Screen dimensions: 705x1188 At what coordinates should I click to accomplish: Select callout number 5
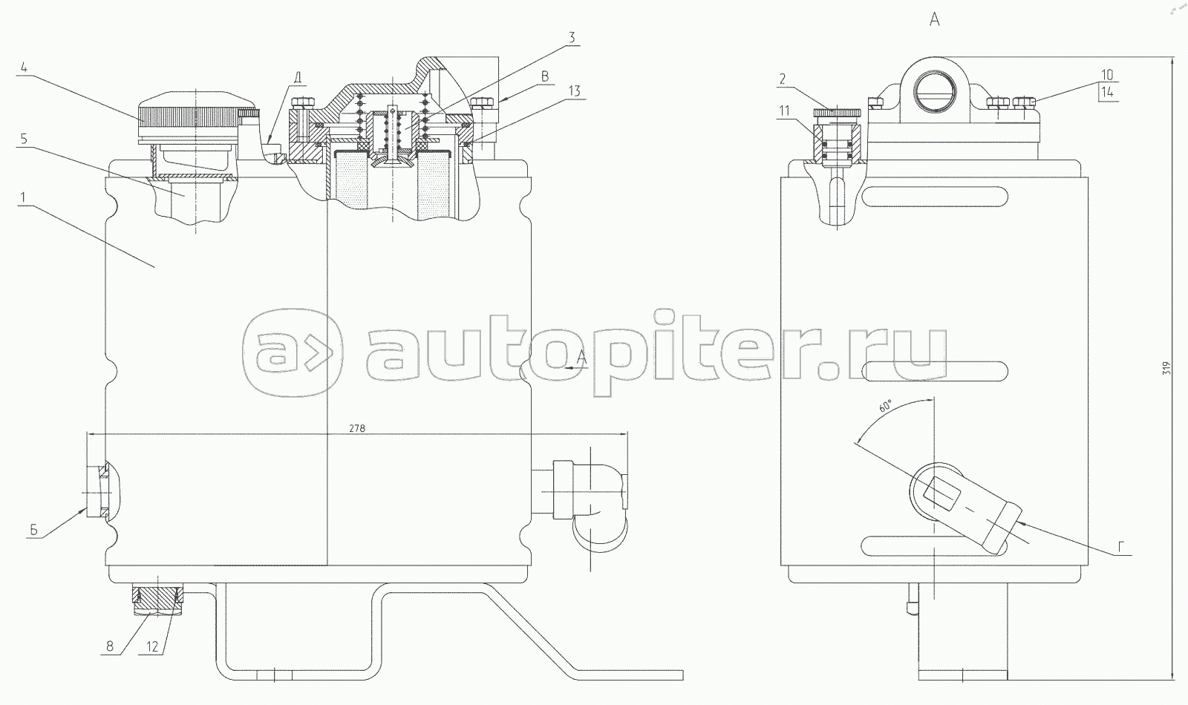(x=25, y=138)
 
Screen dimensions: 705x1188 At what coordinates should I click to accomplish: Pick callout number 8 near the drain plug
(x=111, y=646)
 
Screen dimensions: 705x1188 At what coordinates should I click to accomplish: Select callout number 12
(x=151, y=646)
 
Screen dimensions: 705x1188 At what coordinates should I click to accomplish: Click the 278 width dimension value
(x=356, y=428)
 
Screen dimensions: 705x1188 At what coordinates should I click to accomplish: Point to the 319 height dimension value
(x=1166, y=368)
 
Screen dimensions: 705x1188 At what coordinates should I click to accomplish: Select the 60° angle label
(x=884, y=407)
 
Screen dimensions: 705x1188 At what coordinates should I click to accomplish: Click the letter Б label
(x=34, y=530)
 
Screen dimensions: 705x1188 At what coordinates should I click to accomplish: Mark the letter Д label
(x=297, y=77)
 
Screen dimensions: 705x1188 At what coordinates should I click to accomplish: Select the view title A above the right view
(x=934, y=20)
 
